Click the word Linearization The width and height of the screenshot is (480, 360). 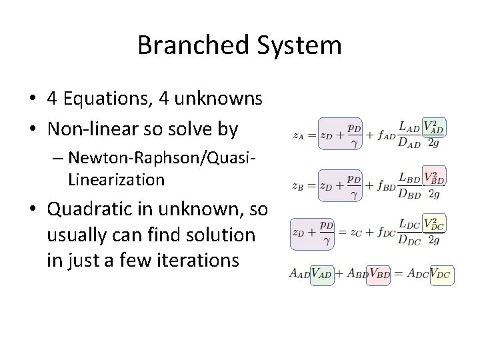click(116, 179)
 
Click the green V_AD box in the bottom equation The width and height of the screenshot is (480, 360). click(322, 273)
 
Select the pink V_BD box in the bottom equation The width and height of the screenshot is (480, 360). click(379, 273)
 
